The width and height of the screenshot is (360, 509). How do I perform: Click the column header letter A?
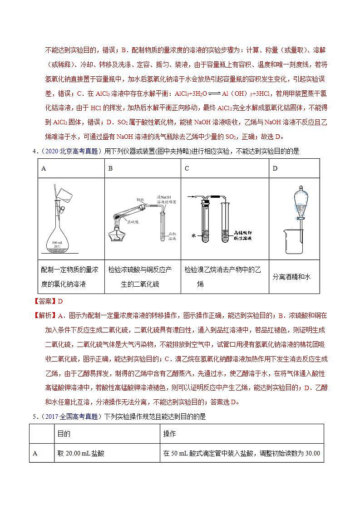(44, 169)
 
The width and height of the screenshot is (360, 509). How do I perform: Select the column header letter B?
(110, 169)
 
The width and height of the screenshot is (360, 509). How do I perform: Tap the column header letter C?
(187, 169)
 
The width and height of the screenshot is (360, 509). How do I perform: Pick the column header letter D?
(275, 169)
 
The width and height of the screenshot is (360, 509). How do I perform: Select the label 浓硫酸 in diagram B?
(133, 222)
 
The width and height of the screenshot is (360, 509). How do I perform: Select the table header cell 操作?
(169, 434)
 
